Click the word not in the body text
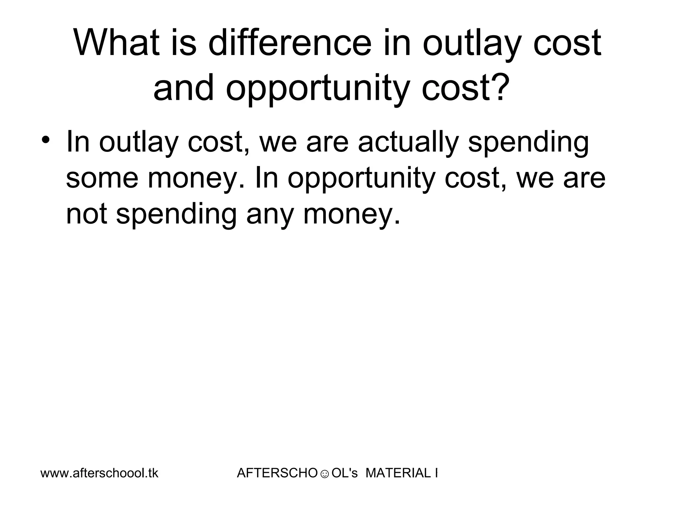click(x=86, y=214)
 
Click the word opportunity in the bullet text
click(x=361, y=178)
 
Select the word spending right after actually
click(x=528, y=143)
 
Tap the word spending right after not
click(x=176, y=214)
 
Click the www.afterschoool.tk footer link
click(x=99, y=473)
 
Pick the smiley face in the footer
click(x=324, y=474)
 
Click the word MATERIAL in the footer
click(x=398, y=473)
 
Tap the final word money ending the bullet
click(x=351, y=214)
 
